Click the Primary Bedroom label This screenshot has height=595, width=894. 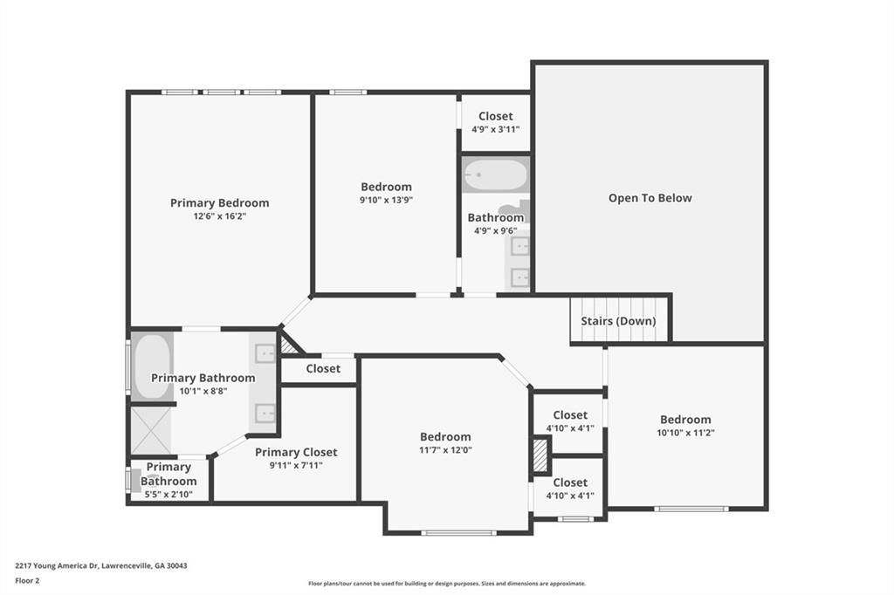pyautogui.click(x=219, y=203)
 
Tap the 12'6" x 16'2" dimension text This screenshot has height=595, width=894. pyautogui.click(x=219, y=216)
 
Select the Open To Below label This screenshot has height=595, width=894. pyautogui.click(x=650, y=198)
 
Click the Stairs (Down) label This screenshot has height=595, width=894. pyautogui.click(x=618, y=321)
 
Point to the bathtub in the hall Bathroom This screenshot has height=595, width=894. pyautogui.click(x=495, y=175)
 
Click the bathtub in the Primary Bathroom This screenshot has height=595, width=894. pyautogui.click(x=153, y=366)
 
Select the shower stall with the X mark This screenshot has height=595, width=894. pyautogui.click(x=151, y=431)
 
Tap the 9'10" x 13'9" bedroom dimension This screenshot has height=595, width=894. pyautogui.click(x=386, y=200)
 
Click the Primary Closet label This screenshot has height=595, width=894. pyautogui.click(x=296, y=452)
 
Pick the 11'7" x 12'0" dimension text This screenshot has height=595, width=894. pyautogui.click(x=445, y=450)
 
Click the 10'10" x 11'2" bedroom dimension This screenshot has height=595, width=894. pyautogui.click(x=685, y=433)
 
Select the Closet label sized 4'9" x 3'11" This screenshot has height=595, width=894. pyautogui.click(x=495, y=116)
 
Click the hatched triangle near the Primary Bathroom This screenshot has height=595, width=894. pyautogui.click(x=289, y=346)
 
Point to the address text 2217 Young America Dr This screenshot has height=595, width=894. pyautogui.click(x=101, y=565)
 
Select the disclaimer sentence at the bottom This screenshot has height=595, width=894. pyautogui.click(x=446, y=584)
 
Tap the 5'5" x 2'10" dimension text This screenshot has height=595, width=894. pyautogui.click(x=168, y=495)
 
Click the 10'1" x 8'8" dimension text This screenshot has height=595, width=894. pyautogui.click(x=203, y=392)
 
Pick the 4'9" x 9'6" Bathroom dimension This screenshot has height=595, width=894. pyautogui.click(x=495, y=231)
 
